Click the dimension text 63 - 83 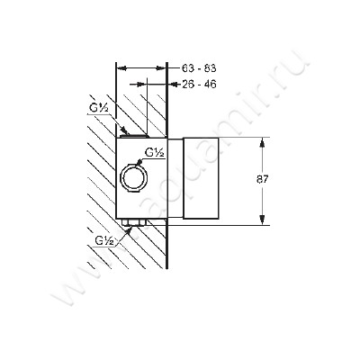point(199,68)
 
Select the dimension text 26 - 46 point(199,85)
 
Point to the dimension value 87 point(262,179)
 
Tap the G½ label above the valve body point(98,109)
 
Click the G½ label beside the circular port point(155,153)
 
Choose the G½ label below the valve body point(104,240)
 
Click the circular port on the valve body point(133,177)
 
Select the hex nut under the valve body point(134,222)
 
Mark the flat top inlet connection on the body point(134,136)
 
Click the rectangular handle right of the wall point(201,178)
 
